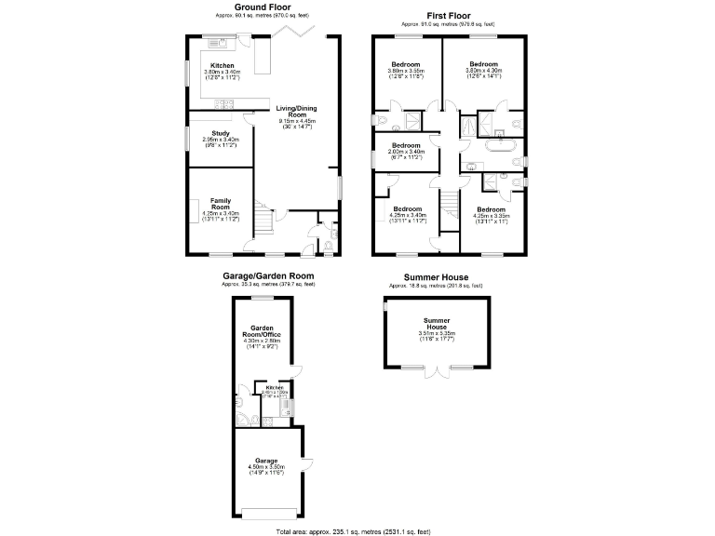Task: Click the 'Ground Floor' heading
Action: [261, 7]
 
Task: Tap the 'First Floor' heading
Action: [448, 16]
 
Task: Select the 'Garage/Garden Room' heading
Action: [267, 275]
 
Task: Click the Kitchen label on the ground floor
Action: [222, 65]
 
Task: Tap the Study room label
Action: [221, 133]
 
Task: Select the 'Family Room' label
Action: [221, 203]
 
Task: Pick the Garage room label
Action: [266, 460]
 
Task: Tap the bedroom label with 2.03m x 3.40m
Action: [407, 146]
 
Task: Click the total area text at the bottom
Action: [353, 530]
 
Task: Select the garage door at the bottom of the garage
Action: [268, 514]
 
